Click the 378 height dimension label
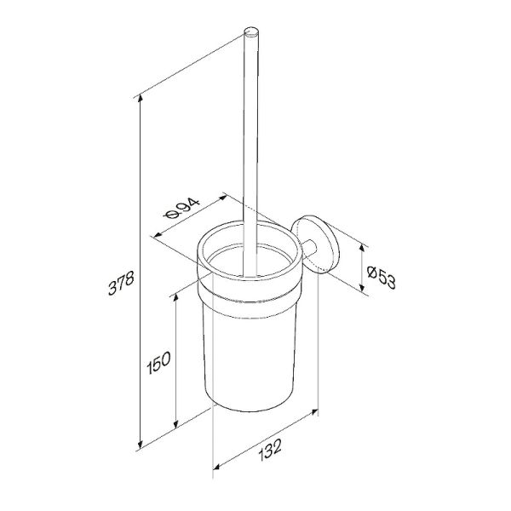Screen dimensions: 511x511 point(121,283)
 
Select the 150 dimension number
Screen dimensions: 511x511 point(158,363)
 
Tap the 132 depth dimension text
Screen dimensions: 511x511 point(270,450)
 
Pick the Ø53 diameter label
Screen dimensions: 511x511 point(381,278)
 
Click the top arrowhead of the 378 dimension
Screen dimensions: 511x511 point(141,98)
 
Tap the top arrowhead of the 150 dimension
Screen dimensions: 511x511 point(175,297)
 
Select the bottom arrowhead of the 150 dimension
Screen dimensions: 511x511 point(175,423)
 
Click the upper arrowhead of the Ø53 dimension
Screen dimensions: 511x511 point(361,249)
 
